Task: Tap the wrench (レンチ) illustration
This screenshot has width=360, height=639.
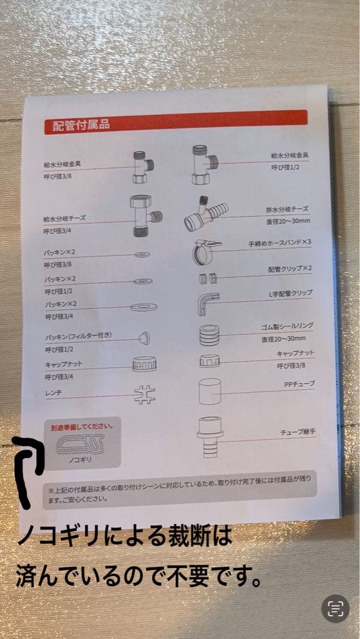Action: (144, 395)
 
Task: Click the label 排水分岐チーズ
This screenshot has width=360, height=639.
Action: (288, 210)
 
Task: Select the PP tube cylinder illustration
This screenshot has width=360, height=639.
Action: (210, 392)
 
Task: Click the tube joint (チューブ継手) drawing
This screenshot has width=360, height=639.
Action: (210, 437)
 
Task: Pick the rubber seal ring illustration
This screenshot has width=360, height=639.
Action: (210, 335)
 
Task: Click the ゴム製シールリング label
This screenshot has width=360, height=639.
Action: (288, 326)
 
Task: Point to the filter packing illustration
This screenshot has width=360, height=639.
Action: (143, 338)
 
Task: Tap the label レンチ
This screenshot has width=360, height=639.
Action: (53, 392)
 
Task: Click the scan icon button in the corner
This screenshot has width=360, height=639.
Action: (336, 609)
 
